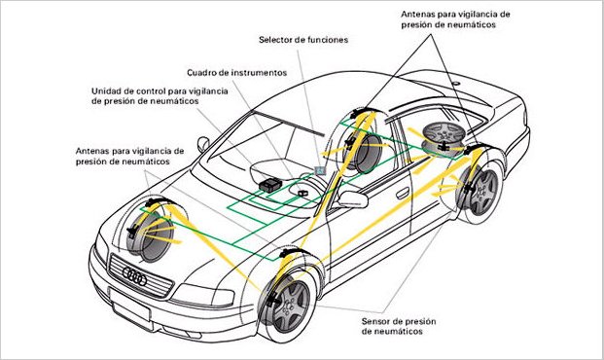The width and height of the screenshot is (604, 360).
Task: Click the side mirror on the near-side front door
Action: (x=350, y=200)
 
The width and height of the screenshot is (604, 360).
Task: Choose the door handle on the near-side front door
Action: (x=402, y=193)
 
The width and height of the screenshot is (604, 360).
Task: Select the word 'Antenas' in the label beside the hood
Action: (x=96, y=151)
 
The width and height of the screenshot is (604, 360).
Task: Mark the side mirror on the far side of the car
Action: (x=203, y=142)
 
